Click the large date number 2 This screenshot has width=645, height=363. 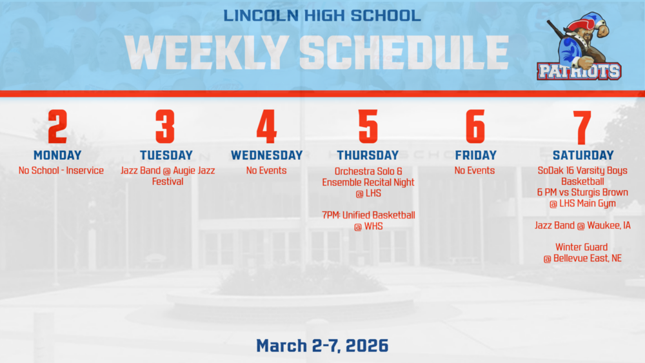tap(57, 127)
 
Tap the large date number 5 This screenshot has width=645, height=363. tap(368, 127)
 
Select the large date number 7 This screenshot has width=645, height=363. tap(582, 127)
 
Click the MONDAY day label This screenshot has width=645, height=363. tap(57, 155)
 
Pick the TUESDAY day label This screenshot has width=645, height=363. tap(166, 155)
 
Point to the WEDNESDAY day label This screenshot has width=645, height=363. tap(266, 155)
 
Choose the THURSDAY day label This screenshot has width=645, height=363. tap(368, 155)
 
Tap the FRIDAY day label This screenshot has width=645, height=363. tap(475, 155)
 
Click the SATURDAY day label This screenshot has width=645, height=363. tap(582, 155)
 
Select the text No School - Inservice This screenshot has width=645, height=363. tap(61, 171)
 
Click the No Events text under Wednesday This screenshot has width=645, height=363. tap(266, 171)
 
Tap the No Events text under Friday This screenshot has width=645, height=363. tap(475, 171)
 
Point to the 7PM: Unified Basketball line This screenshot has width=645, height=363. tap(368, 215)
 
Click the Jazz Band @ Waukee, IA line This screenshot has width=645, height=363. tap(582, 226)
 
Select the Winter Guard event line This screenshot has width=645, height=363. tap(582, 247)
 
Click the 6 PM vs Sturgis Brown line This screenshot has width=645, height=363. tap(582, 193)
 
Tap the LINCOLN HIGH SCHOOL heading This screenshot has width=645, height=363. tap(322, 15)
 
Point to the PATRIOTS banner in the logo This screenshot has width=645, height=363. tap(579, 71)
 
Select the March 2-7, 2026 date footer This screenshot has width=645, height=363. tap(322, 346)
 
